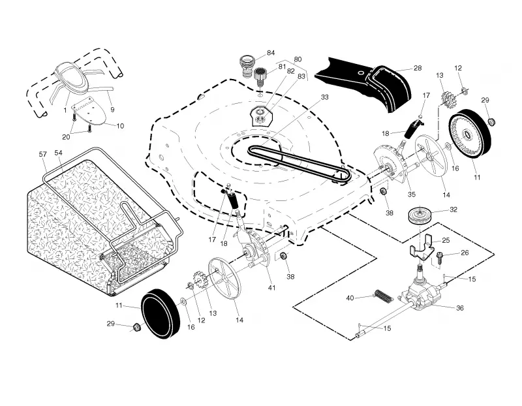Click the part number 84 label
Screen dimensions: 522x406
[x=271, y=53]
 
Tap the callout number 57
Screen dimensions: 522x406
[x=43, y=154]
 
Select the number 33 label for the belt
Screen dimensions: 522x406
[x=324, y=97]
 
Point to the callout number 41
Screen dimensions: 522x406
[x=271, y=287]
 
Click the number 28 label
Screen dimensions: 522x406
[x=418, y=68]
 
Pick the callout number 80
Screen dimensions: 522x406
[x=298, y=59]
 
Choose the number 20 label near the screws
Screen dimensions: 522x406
[x=67, y=137]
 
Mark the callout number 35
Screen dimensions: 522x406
[x=412, y=195]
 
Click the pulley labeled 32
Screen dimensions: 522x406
[x=420, y=217]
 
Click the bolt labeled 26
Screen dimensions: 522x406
[x=439, y=257]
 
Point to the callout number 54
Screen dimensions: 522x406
[x=58, y=153]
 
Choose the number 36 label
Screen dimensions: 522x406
[x=459, y=308]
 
